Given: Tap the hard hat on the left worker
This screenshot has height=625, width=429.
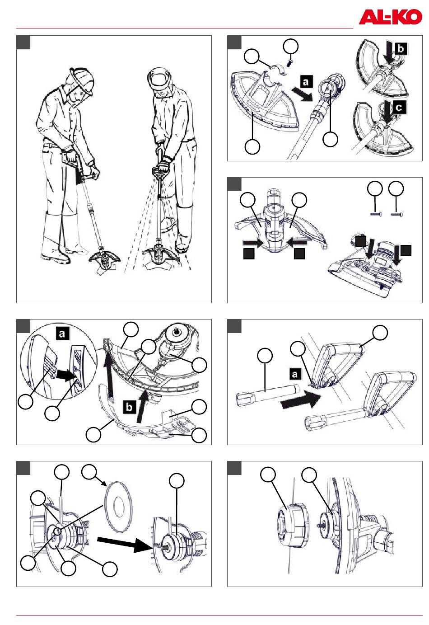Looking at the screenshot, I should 82,78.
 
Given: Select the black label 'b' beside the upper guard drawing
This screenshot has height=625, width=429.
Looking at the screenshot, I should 400,48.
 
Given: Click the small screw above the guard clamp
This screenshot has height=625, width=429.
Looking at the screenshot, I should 290,60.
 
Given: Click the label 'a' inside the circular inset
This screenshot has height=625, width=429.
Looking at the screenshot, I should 61,334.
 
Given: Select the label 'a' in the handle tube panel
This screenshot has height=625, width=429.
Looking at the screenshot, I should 294,374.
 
